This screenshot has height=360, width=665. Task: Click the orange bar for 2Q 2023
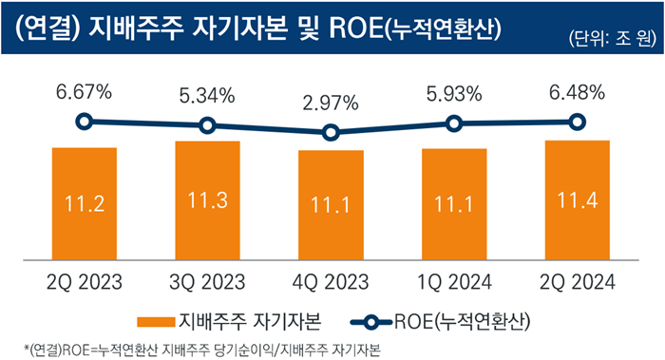click(84, 204)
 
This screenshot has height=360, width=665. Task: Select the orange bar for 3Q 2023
click(207, 200)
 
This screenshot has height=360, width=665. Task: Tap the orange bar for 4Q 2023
click(331, 205)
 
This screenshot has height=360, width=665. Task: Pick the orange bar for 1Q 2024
click(454, 204)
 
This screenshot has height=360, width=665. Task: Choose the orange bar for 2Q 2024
click(577, 200)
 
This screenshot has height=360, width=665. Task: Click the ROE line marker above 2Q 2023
click(84, 121)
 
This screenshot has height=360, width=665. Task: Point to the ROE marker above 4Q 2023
click(331, 133)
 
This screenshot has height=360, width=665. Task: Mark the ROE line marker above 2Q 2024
click(577, 121)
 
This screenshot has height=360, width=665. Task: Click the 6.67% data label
click(84, 92)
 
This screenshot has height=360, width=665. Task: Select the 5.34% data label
click(207, 97)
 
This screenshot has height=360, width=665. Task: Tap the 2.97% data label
click(331, 104)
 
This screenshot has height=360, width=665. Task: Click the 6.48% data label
click(577, 92)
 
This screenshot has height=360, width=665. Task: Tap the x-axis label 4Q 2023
click(331, 281)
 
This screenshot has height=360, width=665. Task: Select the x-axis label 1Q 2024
click(454, 281)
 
